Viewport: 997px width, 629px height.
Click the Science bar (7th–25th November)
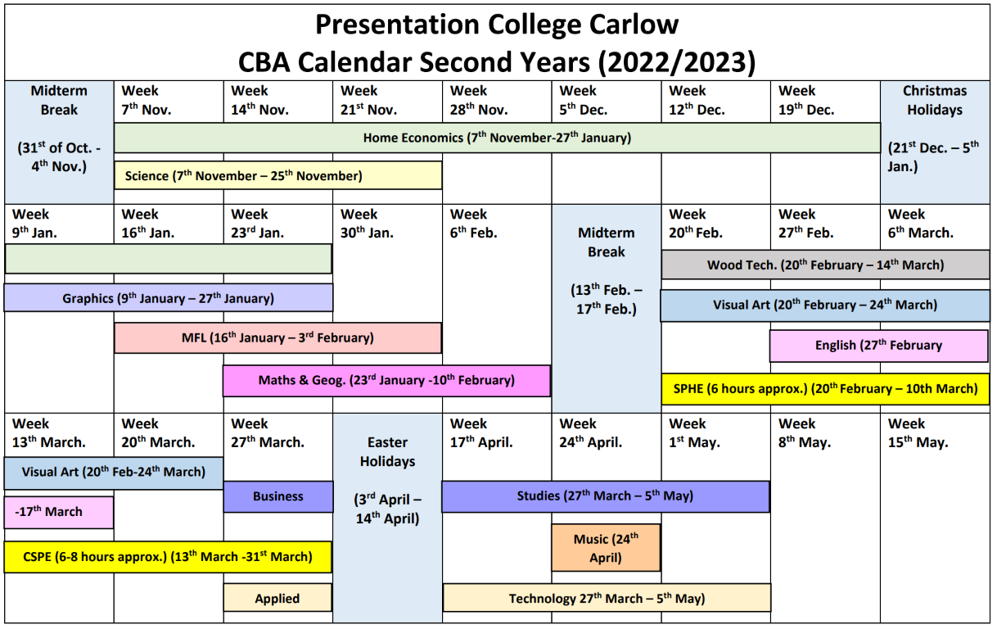[x=278, y=175]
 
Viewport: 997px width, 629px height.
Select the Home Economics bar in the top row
[x=497, y=138]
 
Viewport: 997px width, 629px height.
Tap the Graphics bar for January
[x=169, y=297]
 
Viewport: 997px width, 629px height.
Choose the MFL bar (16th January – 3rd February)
[x=277, y=337]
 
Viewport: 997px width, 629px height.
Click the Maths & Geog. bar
[x=386, y=380]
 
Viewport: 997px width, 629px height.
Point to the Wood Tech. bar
[x=826, y=265]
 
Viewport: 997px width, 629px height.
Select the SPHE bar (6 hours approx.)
[x=826, y=389]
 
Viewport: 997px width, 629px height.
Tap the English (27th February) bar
[x=879, y=346]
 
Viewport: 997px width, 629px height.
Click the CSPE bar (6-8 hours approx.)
[x=168, y=557]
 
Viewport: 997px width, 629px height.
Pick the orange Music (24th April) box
[x=606, y=547]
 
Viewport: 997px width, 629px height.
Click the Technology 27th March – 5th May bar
[x=607, y=598]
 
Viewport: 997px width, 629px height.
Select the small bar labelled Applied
[x=277, y=598]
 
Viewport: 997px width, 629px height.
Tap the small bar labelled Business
[x=278, y=496]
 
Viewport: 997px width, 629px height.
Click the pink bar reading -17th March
[x=59, y=512]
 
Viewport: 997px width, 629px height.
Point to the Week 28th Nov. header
[x=479, y=100]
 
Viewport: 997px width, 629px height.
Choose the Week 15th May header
[x=918, y=433]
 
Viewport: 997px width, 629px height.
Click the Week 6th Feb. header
[x=473, y=224]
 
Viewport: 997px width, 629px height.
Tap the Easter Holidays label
[x=387, y=452]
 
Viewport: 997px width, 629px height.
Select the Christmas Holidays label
[x=935, y=100]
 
